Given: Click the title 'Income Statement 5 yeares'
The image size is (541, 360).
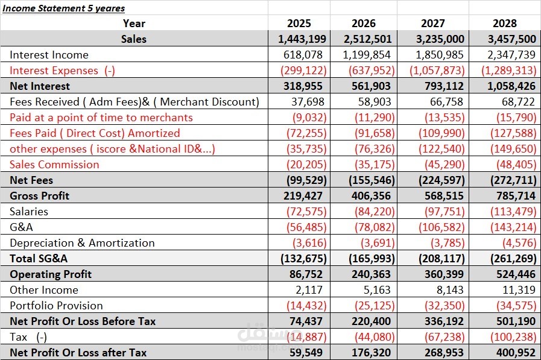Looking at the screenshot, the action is coord(63,8).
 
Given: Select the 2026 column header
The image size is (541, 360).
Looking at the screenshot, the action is coord(363,23).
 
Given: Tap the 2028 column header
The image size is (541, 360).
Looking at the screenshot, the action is coord(504,23).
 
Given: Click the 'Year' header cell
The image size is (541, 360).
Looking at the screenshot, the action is coord(134,23).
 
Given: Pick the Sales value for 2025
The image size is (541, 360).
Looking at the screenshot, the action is coord(302,39).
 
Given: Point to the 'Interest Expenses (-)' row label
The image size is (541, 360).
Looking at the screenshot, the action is coord(62,71).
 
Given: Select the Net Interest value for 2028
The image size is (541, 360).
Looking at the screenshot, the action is coord(511,86).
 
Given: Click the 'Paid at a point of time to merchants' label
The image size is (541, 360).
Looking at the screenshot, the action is coord(101,117).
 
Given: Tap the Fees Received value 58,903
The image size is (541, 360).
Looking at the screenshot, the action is coord(374,102).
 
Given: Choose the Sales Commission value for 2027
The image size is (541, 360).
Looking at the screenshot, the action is coord(445,165).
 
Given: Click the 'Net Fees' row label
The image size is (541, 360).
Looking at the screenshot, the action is coord(31,180).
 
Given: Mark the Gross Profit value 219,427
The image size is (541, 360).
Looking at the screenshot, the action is coord(303,196).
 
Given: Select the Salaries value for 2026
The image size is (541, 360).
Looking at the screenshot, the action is coord(375,212).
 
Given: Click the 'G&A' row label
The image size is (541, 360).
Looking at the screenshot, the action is coord(21,227).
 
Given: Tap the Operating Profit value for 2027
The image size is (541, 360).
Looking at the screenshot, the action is coord(444,274).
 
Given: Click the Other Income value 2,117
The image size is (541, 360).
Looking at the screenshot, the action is coord(309,289).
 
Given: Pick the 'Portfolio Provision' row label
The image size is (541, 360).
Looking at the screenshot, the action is coord(56,306).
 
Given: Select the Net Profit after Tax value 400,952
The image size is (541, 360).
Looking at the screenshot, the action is coord(516,352).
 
